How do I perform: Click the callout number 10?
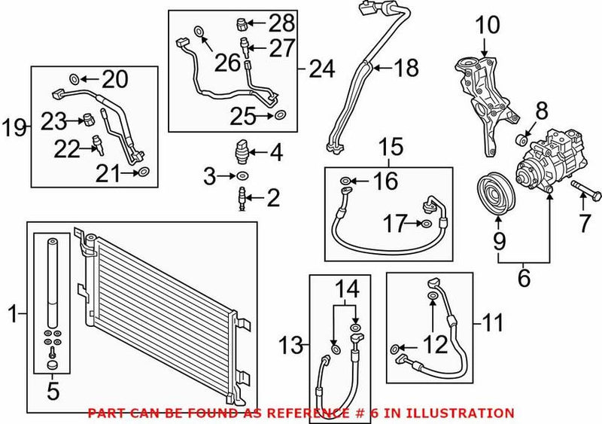(487, 26)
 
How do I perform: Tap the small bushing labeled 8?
(520, 140)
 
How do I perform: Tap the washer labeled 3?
(240, 176)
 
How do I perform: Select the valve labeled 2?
(240, 199)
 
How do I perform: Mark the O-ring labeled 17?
(426, 223)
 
